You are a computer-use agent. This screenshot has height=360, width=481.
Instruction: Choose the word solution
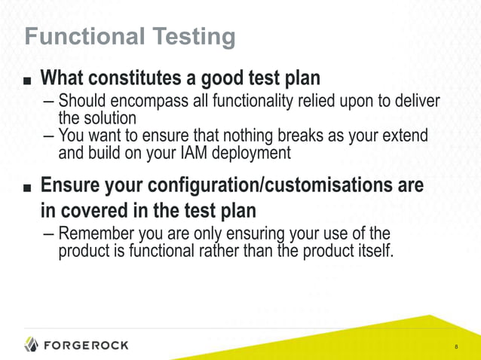(x=110, y=118)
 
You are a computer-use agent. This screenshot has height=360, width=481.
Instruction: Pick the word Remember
(x=96, y=233)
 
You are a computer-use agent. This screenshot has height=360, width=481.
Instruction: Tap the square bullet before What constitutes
(x=28, y=79)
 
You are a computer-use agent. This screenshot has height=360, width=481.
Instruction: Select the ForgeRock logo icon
(x=32, y=344)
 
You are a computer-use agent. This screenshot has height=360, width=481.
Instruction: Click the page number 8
(x=456, y=347)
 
